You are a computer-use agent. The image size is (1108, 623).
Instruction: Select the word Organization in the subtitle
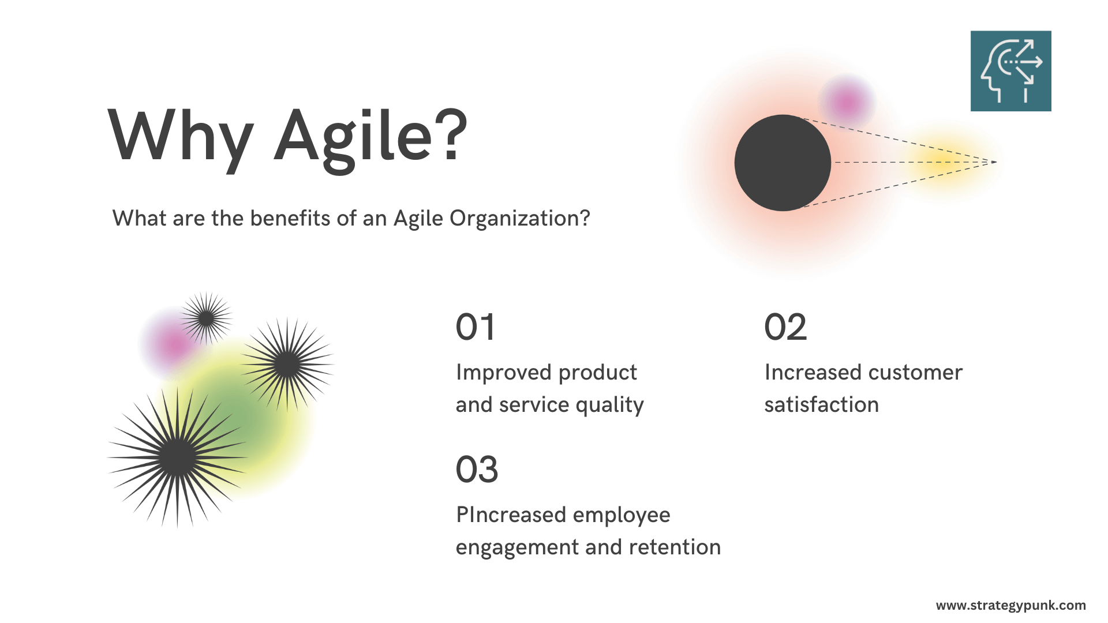click(x=519, y=219)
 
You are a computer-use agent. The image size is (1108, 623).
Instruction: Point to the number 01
click(x=475, y=327)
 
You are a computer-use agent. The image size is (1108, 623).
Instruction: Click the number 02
click(x=785, y=327)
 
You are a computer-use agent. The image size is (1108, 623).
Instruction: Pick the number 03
click(x=477, y=470)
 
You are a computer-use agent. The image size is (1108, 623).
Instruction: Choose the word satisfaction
click(x=821, y=405)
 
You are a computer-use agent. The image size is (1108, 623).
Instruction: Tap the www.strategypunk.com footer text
click(x=1010, y=606)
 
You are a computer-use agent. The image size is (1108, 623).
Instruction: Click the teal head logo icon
click(x=1010, y=71)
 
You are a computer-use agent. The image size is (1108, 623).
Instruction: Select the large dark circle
click(x=783, y=163)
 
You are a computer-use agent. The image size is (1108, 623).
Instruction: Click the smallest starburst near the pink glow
click(x=206, y=318)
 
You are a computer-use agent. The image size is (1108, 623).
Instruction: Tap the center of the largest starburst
click(x=177, y=457)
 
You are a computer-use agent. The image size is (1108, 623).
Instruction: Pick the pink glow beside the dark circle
click(x=847, y=103)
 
